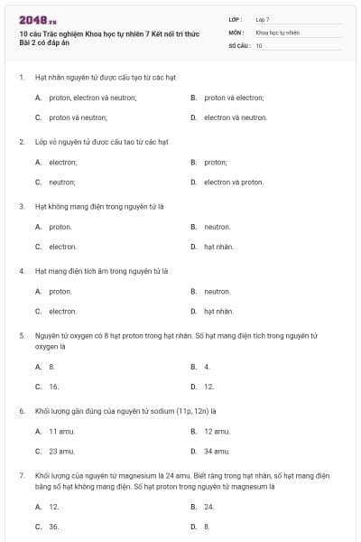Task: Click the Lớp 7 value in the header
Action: point(263,18)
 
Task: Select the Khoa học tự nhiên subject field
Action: point(277,32)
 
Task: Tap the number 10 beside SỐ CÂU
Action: point(259,45)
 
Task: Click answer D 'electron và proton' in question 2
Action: point(233,182)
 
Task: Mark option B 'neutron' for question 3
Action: point(217,227)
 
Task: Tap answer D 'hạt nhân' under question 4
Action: point(218,312)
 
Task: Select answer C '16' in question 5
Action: point(53,387)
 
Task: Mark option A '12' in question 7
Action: point(53,507)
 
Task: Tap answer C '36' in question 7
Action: point(53,527)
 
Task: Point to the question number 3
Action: point(22,205)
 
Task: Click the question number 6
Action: point(22,410)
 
